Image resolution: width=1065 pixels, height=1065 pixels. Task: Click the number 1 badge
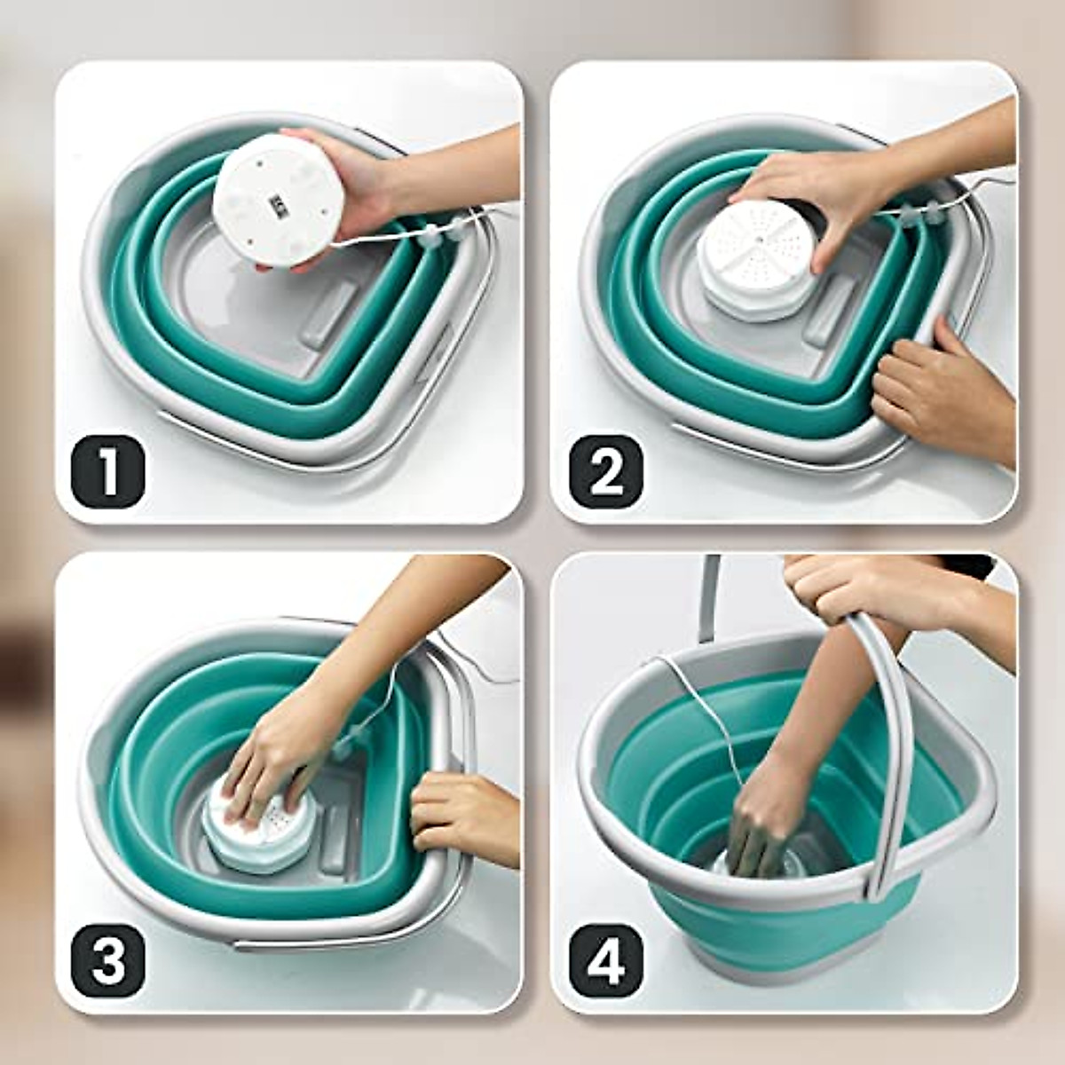(x=107, y=471)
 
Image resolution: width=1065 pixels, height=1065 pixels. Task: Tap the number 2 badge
(x=605, y=471)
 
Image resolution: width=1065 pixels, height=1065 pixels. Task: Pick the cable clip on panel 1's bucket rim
(x=429, y=235)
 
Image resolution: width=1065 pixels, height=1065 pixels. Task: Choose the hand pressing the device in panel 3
(x=275, y=754)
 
